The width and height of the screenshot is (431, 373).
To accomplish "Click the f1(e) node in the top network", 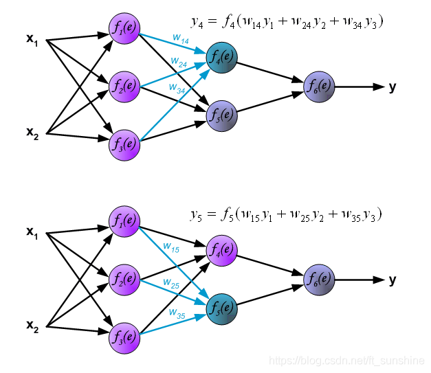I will (x=124, y=29).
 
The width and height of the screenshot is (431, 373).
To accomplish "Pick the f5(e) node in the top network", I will (x=221, y=113).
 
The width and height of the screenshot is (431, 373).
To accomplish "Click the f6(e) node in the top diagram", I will (x=318, y=86).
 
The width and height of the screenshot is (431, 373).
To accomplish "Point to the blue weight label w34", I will (x=177, y=87).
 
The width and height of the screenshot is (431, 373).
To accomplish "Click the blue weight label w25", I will (x=171, y=282).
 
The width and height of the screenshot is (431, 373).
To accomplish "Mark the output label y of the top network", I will (x=393, y=87).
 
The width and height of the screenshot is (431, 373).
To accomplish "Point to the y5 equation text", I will (x=285, y=214).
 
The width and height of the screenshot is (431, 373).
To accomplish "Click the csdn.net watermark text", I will (x=346, y=360).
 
